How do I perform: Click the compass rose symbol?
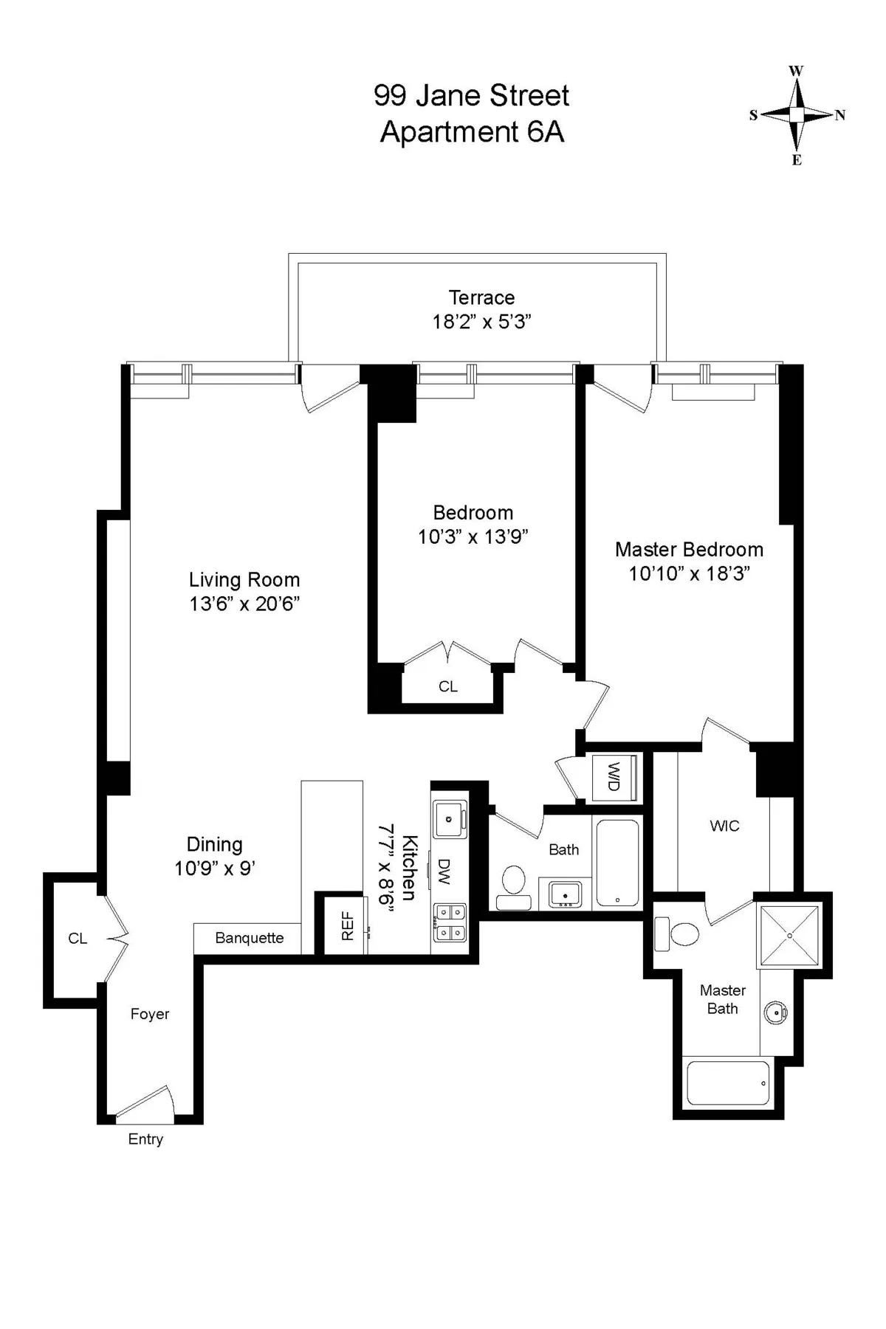[797, 115]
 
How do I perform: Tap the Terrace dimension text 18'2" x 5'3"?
[481, 322]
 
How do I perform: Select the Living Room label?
[244, 580]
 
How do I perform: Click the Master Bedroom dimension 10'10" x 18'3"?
[689, 573]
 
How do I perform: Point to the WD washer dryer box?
[613, 777]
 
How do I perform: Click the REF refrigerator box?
[347, 926]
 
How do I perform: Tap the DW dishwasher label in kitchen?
[444, 871]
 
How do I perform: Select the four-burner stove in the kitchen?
[450, 922]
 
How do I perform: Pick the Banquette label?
[250, 938]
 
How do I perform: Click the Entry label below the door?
[145, 1139]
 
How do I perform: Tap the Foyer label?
[150, 1014]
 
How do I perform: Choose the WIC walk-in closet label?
[724, 826]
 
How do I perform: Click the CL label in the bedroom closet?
[448, 686]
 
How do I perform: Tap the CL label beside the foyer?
[78, 939]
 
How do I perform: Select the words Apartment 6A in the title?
[472, 132]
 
